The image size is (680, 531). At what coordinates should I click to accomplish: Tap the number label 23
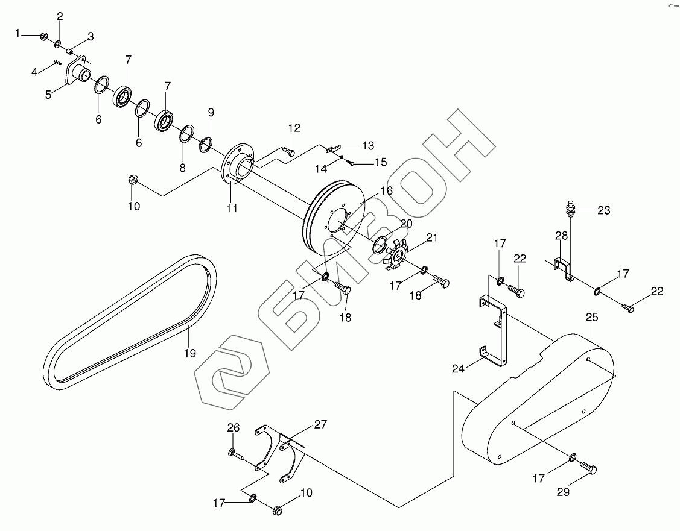coord(604,210)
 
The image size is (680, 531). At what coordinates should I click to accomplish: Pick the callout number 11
coord(232,209)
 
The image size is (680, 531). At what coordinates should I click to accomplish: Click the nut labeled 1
coord(43,37)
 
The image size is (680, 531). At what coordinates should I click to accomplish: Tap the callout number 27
coord(320,424)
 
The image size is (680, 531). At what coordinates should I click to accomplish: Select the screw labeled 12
coord(289,151)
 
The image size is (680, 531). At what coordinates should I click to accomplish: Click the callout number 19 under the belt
coord(190,353)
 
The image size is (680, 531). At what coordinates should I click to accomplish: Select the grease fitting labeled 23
coord(570,210)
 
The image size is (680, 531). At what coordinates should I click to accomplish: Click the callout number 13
coord(368,146)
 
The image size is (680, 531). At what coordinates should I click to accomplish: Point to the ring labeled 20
coord(380,244)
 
